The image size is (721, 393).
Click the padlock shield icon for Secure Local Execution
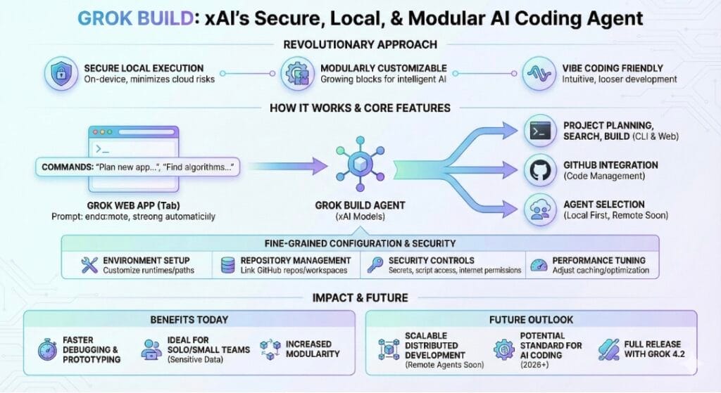(x=59, y=73)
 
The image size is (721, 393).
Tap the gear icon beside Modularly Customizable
(x=296, y=73)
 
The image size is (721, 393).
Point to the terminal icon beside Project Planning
(x=540, y=131)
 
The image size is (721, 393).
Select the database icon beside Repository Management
(x=227, y=265)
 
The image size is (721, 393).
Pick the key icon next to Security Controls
(x=374, y=265)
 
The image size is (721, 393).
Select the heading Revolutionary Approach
(x=360, y=45)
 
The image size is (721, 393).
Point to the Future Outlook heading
(x=530, y=319)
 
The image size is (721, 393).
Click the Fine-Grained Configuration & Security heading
(x=360, y=244)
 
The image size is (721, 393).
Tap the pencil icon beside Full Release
(x=608, y=349)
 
